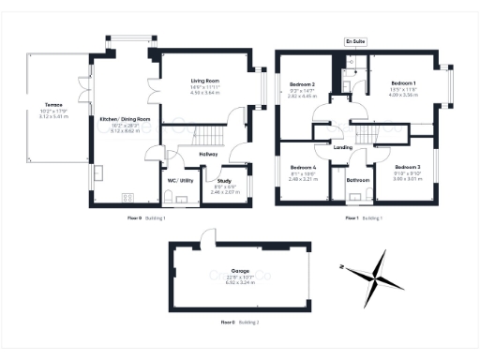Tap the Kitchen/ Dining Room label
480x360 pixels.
pyautogui.click(x=125, y=119)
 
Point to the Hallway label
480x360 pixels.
pyautogui.click(x=208, y=154)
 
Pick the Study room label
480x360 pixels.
pyautogui.click(x=223, y=180)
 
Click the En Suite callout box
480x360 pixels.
pyautogui.click(x=355, y=42)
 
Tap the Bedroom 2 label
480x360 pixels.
pyautogui.click(x=301, y=83)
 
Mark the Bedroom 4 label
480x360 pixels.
pyautogui.click(x=301, y=167)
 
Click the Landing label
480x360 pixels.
pyautogui.click(x=343, y=146)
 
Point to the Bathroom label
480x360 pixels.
pyautogui.click(x=357, y=179)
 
